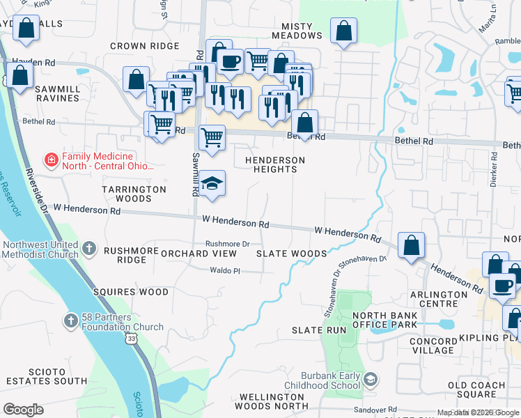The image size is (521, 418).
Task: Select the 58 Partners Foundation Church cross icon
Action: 70,320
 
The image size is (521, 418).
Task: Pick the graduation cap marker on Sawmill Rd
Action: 211,184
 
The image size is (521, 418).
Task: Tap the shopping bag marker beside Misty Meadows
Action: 343,31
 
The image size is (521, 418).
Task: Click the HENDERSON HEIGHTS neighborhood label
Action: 275,165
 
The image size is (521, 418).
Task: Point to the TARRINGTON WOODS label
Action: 134,194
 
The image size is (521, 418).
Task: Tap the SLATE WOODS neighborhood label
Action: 291,254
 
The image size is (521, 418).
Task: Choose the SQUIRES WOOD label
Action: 136,292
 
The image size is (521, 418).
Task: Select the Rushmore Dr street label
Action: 227,244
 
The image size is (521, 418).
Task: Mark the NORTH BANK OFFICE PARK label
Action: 384,320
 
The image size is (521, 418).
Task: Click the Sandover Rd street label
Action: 373,410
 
